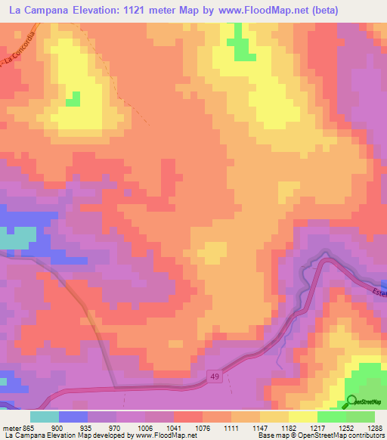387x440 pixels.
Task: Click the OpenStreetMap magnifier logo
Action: pyautogui.click(x=352, y=401)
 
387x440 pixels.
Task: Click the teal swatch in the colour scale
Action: pyautogui.click(x=44, y=416)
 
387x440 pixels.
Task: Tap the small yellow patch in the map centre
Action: pyautogui.click(x=214, y=253)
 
